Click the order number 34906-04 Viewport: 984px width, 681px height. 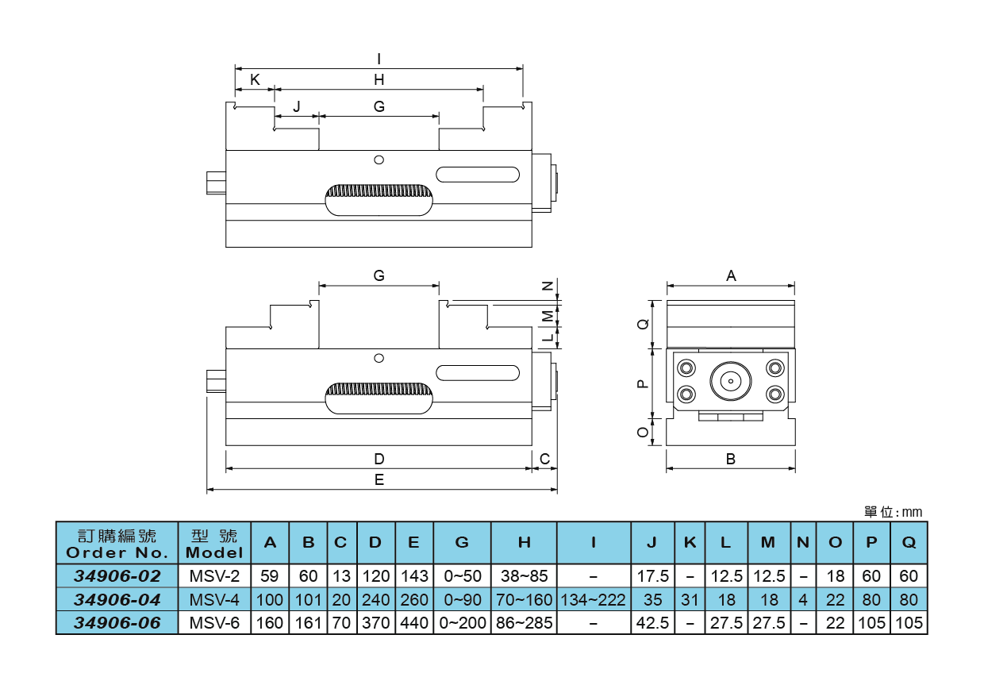[117, 599]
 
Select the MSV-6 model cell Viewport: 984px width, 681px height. [214, 623]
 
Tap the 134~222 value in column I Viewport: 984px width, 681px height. [594, 599]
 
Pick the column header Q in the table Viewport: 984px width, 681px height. [909, 543]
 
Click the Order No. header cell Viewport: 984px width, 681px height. [117, 543]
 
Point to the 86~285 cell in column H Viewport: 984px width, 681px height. [524, 623]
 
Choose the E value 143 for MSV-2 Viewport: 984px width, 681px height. [413, 575]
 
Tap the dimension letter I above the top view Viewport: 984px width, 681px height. [379, 59]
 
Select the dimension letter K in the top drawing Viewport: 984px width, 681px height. [255, 79]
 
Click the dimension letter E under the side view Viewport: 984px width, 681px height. [379, 479]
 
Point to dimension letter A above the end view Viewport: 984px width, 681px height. [731, 276]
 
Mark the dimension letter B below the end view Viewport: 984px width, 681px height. [731, 459]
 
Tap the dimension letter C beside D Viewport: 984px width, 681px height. [544, 459]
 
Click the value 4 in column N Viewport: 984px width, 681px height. [802, 599]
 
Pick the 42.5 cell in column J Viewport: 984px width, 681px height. [652, 623]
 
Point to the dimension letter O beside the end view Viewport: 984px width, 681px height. [643, 432]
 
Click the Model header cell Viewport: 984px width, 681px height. [214, 543]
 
